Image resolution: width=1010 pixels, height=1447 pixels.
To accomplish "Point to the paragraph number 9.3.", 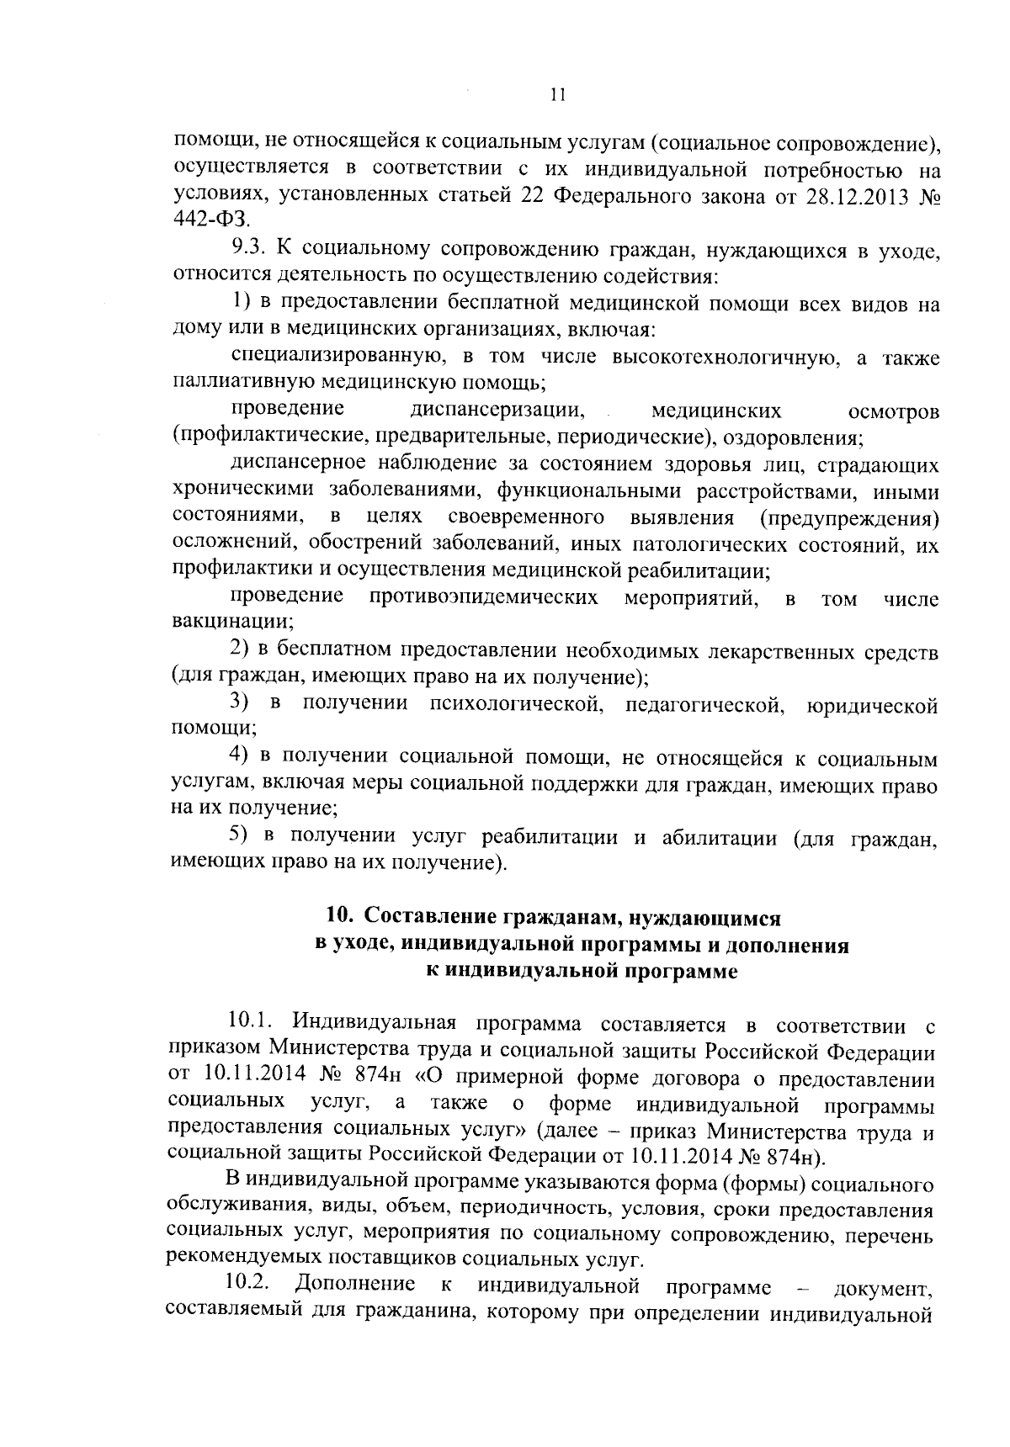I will [249, 249].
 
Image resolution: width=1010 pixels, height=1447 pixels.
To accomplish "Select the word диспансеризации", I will [498, 411].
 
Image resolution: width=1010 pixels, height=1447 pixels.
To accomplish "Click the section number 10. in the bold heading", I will [338, 916].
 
